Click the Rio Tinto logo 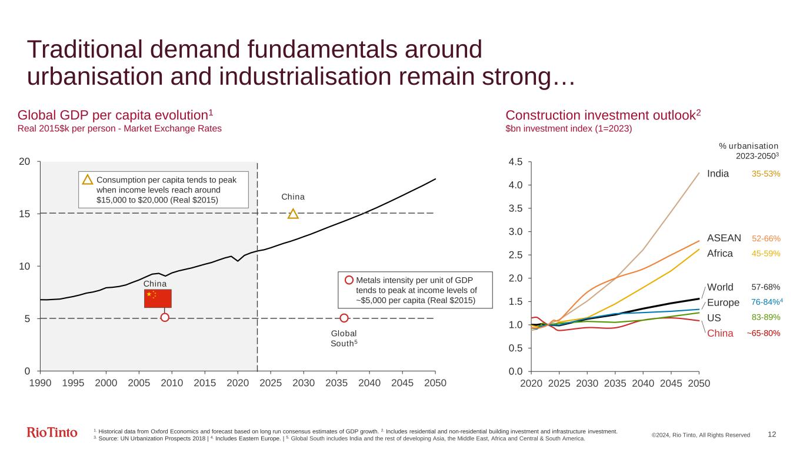(x=52, y=433)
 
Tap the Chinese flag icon (x=158, y=298)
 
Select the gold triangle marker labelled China (x=293, y=214)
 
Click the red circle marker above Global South (x=344, y=318)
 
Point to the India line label (x=718, y=174)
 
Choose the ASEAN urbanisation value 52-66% (x=766, y=239)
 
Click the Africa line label (x=720, y=254)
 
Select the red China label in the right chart (x=720, y=333)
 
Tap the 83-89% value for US (x=766, y=317)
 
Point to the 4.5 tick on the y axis (x=516, y=162)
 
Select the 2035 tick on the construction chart (x=615, y=383)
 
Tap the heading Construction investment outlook (x=603, y=114)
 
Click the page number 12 (x=772, y=434)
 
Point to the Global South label (x=344, y=338)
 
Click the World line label (x=720, y=287)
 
